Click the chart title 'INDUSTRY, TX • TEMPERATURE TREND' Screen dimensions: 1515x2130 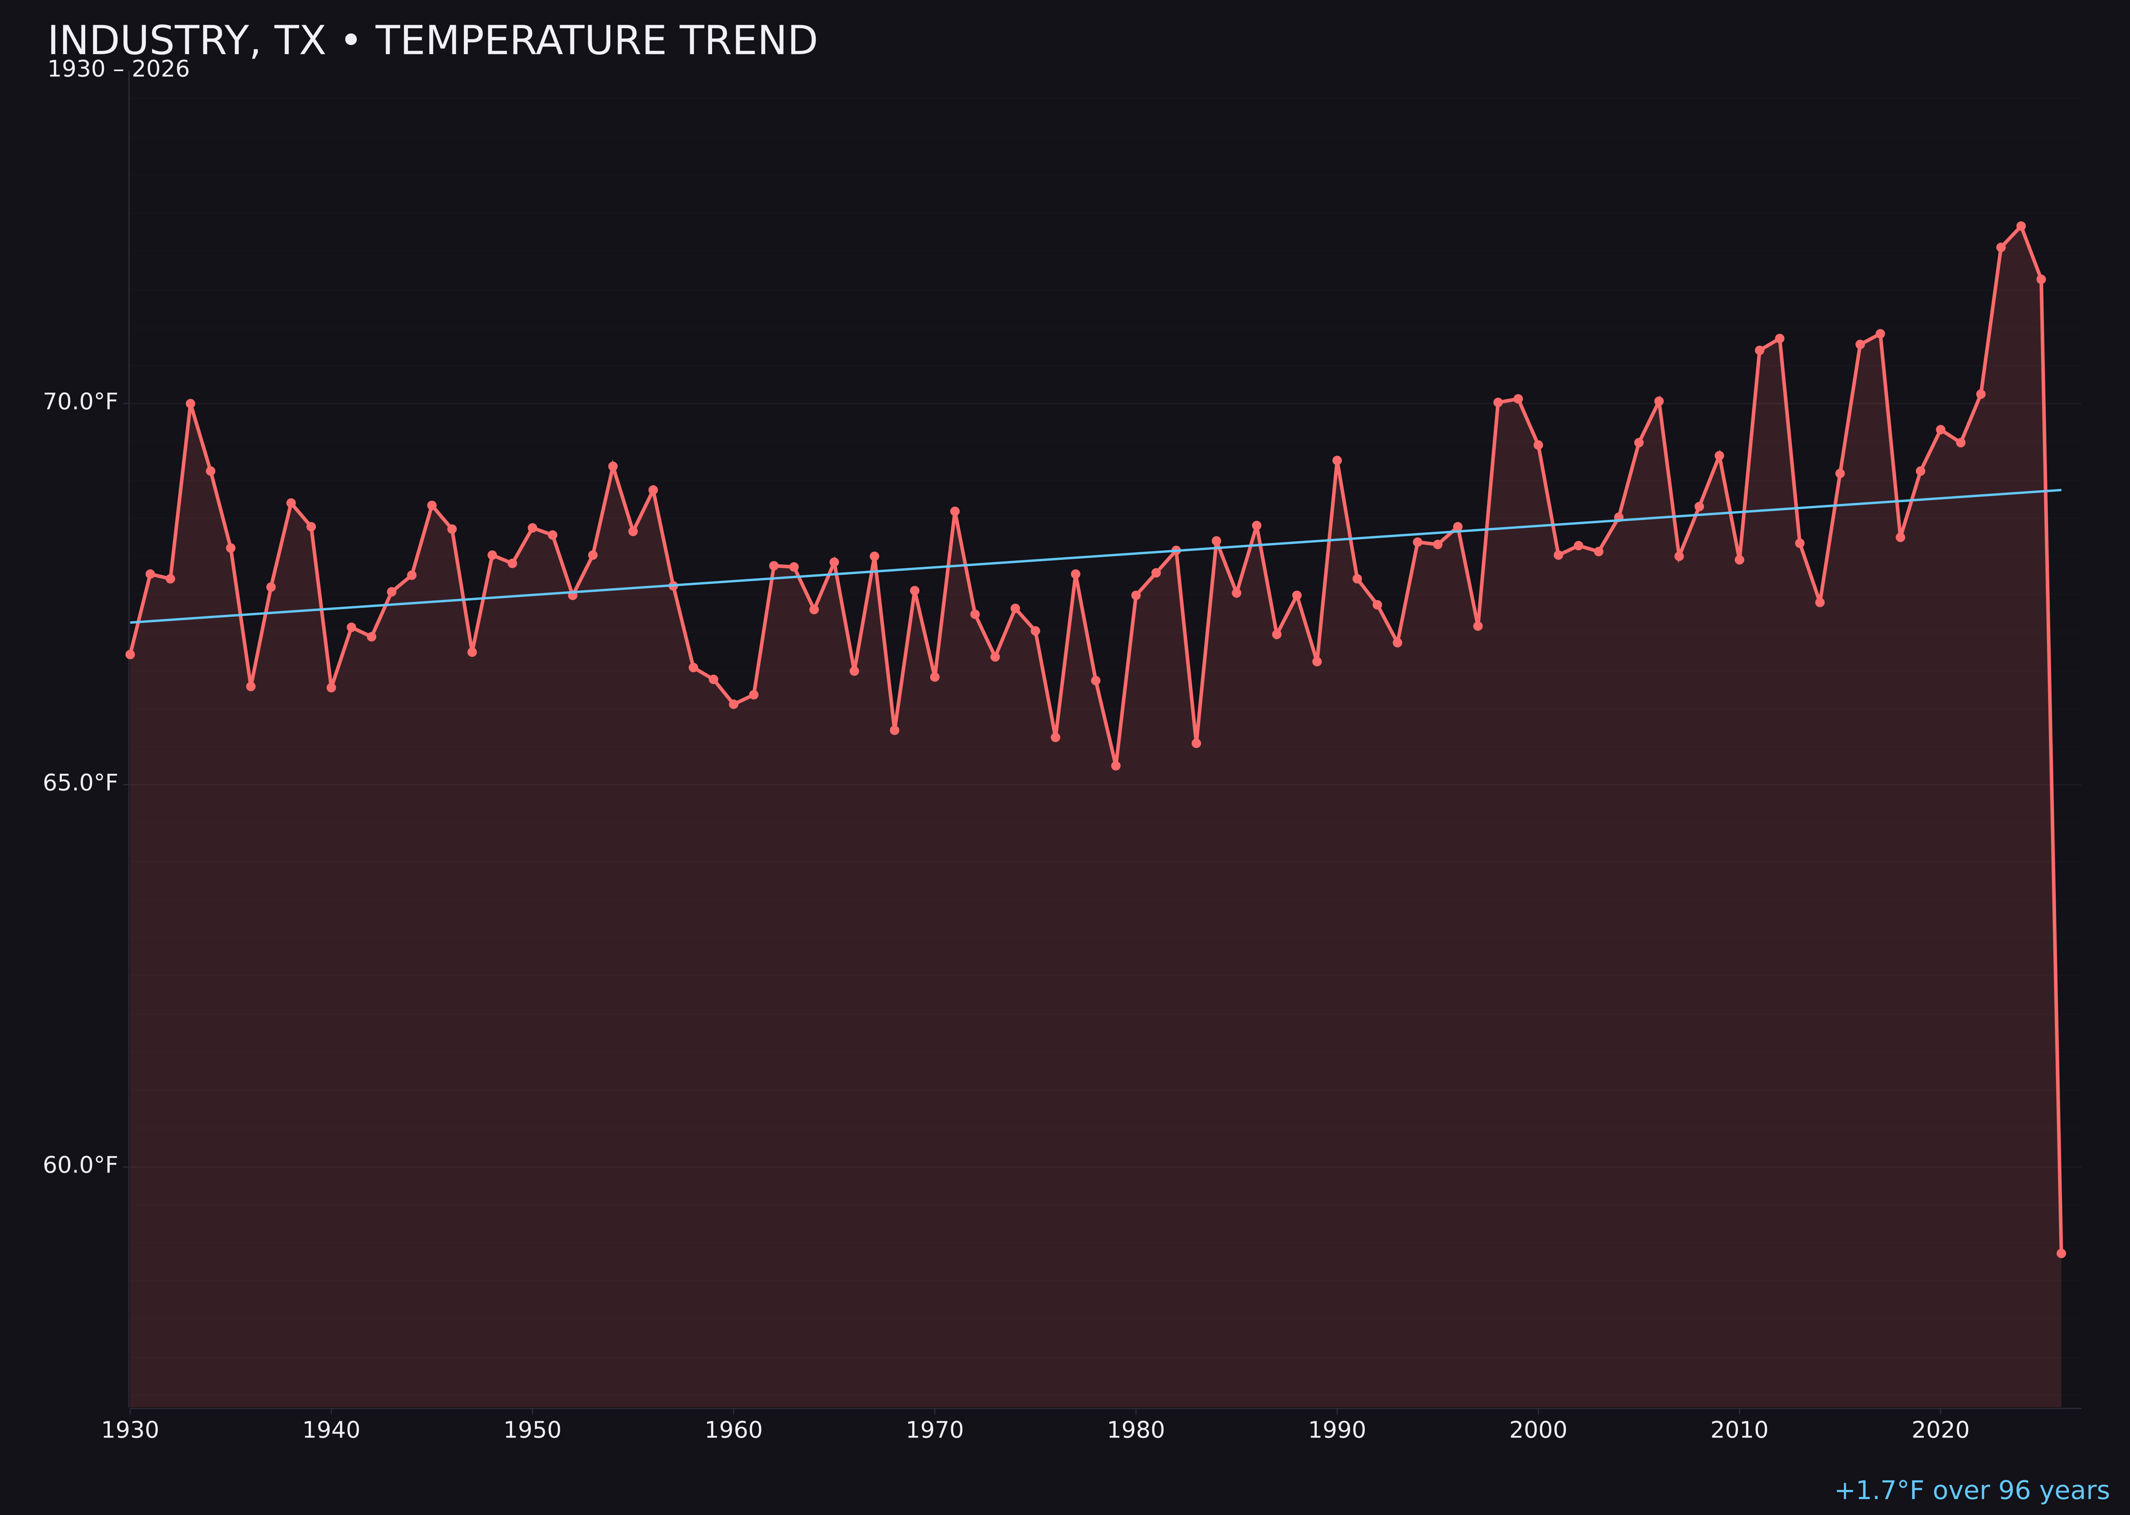tap(432, 41)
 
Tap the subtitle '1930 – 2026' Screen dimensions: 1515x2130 tap(118, 70)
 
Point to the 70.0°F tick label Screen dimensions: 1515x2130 tap(80, 402)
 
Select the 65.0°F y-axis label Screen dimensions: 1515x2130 tap(80, 783)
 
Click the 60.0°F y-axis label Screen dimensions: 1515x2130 tap(80, 1165)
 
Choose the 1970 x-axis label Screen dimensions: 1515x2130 tap(935, 1430)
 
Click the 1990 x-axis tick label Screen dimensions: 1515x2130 tap(1337, 1430)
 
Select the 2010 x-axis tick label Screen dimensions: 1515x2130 tap(1739, 1430)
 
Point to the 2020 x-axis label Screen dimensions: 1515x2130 tap(1940, 1430)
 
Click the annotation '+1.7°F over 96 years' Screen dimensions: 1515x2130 tap(1971, 1490)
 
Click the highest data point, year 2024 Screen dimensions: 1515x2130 tap(2021, 226)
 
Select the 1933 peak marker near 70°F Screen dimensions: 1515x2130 tap(190, 404)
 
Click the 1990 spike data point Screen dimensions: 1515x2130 tap(1337, 460)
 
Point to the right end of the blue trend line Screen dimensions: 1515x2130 tap(2060, 490)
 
